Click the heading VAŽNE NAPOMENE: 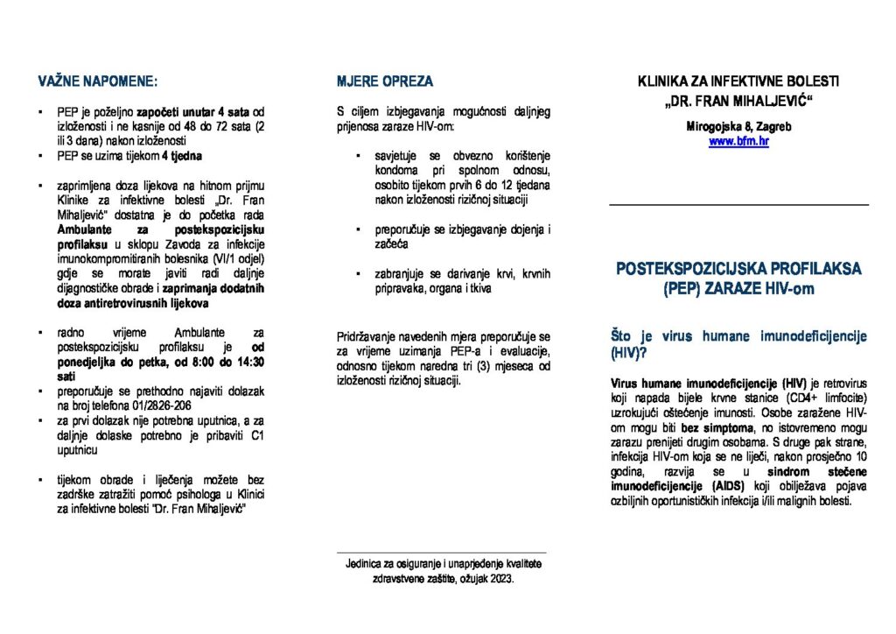pyautogui.click(x=97, y=81)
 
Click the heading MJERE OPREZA pyautogui.click(x=384, y=81)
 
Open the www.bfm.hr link pyautogui.click(x=738, y=141)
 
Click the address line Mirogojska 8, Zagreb pyautogui.click(x=738, y=127)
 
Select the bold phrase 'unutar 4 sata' pyautogui.click(x=213, y=113)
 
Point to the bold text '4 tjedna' pyautogui.click(x=182, y=156)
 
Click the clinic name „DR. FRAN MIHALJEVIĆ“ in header pyautogui.click(x=738, y=100)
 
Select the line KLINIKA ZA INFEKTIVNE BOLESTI pyautogui.click(x=738, y=81)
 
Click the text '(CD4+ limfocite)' pyautogui.click(x=825, y=398)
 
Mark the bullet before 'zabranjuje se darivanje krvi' pyautogui.click(x=358, y=274)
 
